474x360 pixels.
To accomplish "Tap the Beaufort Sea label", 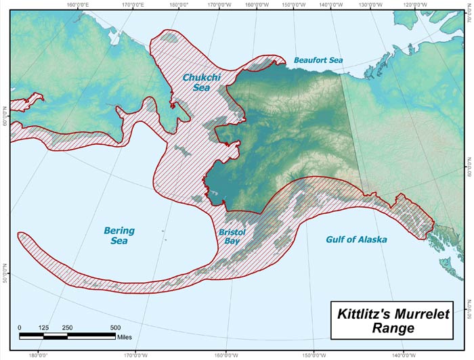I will coord(318,60).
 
